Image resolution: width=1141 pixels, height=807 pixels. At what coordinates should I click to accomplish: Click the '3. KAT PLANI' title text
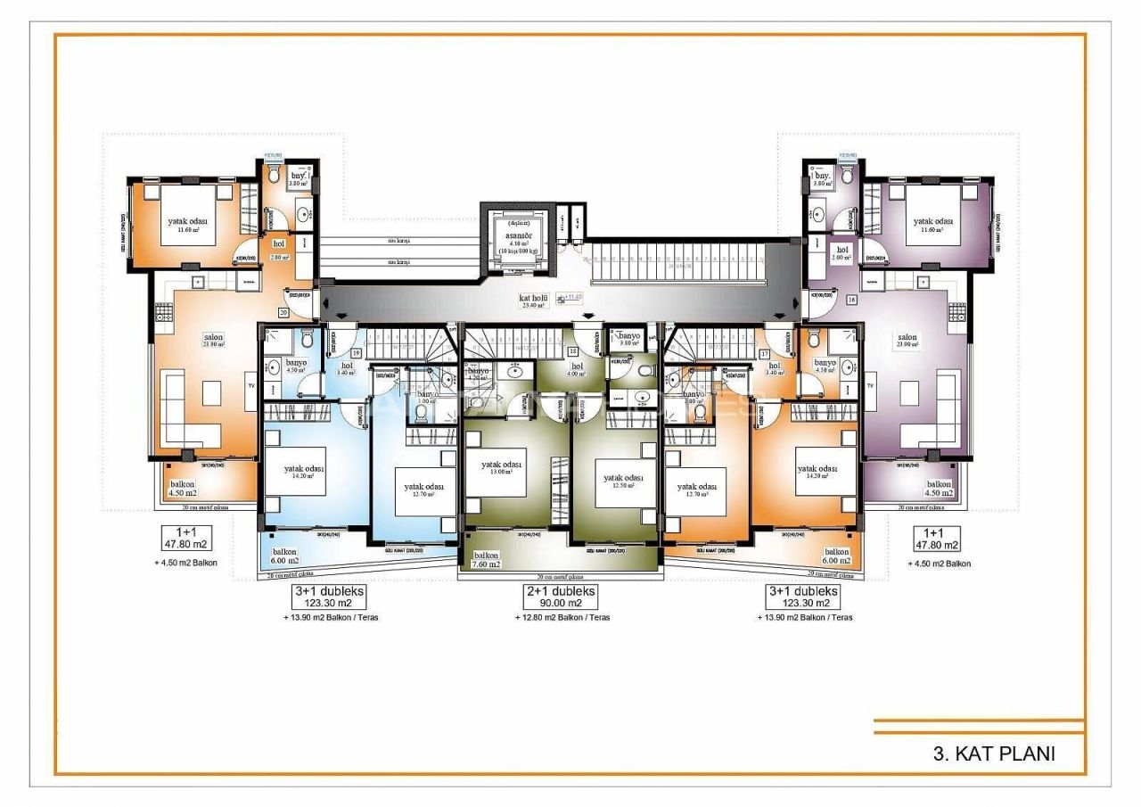click(x=994, y=753)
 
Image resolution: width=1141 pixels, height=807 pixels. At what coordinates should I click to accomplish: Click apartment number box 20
click(x=283, y=313)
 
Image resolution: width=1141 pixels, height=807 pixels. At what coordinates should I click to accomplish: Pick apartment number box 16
click(x=851, y=301)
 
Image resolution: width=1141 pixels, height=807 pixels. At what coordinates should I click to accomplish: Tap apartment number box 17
click(x=764, y=353)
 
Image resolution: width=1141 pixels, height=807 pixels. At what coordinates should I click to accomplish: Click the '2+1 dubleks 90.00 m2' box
click(x=559, y=597)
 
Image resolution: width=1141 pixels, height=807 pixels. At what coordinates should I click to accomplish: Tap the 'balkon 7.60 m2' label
click(x=487, y=559)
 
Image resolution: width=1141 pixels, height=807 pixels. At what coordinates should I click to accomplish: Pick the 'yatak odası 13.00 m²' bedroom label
click(x=503, y=468)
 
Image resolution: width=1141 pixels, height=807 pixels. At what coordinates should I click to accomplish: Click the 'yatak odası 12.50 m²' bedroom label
click(x=623, y=481)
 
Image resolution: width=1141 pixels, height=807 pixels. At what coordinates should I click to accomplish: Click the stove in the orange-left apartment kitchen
click(x=163, y=311)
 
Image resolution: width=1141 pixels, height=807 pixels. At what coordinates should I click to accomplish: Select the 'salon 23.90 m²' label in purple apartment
click(x=907, y=342)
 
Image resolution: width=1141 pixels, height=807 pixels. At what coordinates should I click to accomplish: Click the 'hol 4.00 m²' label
click(x=578, y=369)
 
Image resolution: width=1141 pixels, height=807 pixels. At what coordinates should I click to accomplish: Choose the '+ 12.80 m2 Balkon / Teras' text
click(x=559, y=617)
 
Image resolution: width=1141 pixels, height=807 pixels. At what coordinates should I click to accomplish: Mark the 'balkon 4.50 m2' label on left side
click(x=184, y=489)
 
